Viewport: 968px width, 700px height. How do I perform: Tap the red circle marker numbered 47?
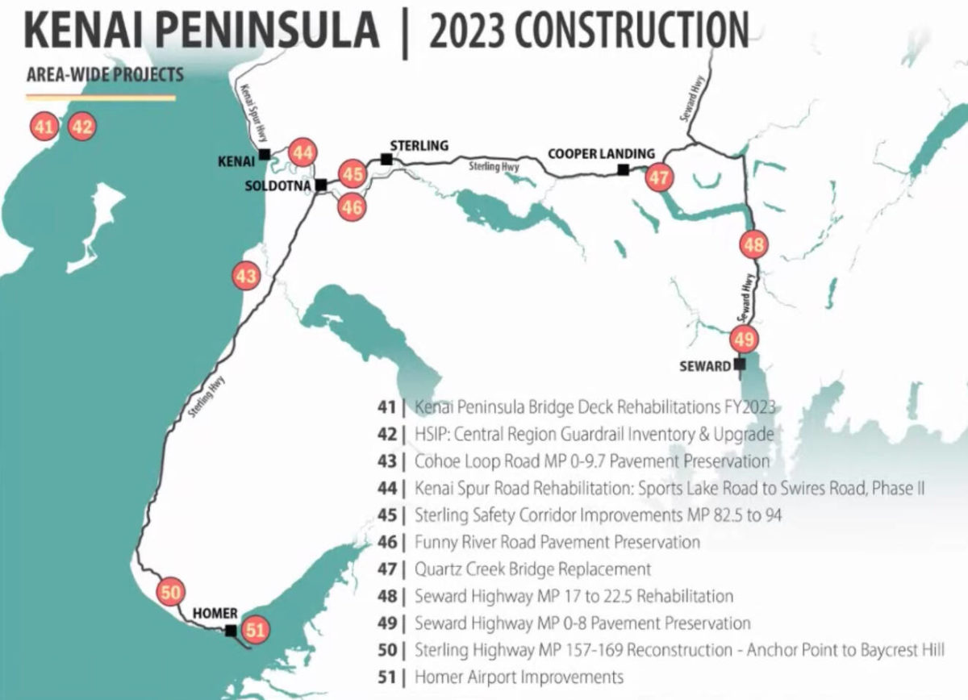pyautogui.click(x=659, y=177)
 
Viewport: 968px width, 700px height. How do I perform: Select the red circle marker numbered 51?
pyautogui.click(x=255, y=629)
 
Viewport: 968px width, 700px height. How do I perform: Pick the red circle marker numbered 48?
pyautogui.click(x=753, y=244)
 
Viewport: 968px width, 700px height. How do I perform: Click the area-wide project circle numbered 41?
pyautogui.click(x=44, y=127)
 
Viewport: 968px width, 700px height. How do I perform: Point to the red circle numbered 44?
pyautogui.click(x=302, y=152)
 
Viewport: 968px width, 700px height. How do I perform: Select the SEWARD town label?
pyautogui.click(x=704, y=365)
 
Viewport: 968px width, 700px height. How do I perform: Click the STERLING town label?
pyautogui.click(x=419, y=146)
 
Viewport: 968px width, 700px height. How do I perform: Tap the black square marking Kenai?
pyautogui.click(x=264, y=155)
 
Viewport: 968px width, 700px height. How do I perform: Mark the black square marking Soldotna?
pyautogui.click(x=321, y=185)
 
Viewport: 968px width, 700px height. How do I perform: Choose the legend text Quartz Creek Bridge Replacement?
pyautogui.click(x=532, y=569)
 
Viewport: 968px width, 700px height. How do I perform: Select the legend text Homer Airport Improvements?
pyautogui.click(x=519, y=677)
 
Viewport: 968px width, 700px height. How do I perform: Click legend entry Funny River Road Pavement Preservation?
pyautogui.click(x=557, y=542)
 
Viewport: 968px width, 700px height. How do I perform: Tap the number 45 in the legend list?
pyautogui.click(x=386, y=515)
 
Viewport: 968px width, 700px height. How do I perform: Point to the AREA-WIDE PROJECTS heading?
pyautogui.click(x=105, y=76)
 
